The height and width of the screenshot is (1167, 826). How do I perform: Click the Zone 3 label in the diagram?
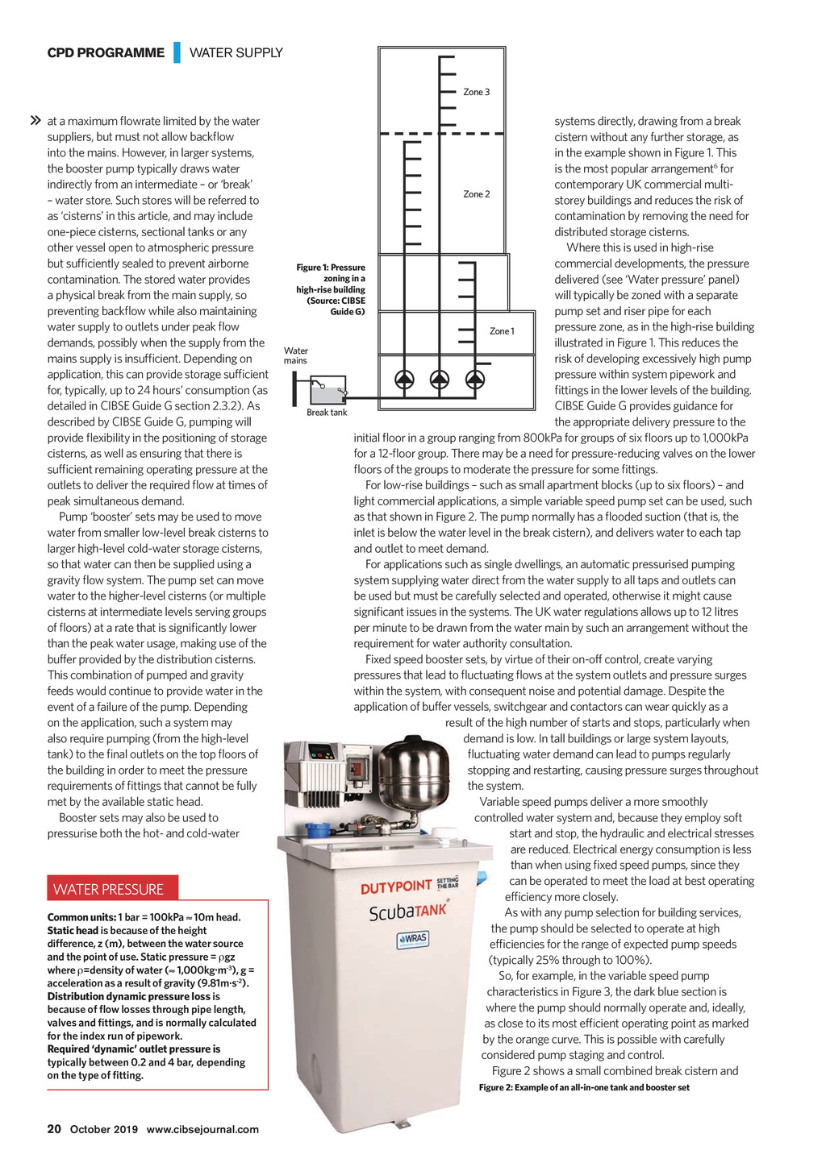[476, 92]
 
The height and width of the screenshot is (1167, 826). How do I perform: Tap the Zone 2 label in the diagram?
[476, 194]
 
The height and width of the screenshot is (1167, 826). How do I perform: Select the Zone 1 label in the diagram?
[502, 331]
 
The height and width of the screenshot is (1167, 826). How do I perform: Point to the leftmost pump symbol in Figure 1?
[404, 379]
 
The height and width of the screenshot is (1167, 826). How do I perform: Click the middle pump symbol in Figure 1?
[440, 379]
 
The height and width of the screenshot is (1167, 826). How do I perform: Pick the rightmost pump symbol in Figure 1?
[475, 379]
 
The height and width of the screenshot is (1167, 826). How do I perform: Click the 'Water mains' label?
[295, 355]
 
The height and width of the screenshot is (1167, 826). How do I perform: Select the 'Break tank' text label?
[327, 413]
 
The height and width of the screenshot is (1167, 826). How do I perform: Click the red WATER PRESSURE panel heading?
[109, 889]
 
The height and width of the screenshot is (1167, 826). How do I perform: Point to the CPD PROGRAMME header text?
[106, 53]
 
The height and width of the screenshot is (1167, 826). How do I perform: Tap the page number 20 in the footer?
[54, 1129]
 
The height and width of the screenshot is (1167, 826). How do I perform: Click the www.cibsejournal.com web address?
[202, 1129]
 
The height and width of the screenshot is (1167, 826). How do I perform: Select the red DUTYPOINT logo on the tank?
[396, 887]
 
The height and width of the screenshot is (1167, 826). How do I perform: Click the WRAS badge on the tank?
[412, 940]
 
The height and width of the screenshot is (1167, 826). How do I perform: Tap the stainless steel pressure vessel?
[414, 775]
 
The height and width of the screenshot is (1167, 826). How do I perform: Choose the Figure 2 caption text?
[584, 1087]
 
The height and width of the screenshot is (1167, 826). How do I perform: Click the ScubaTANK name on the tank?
[407, 912]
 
